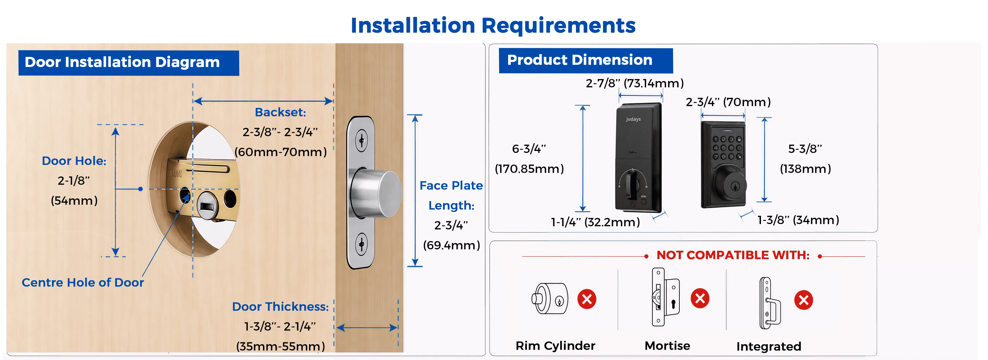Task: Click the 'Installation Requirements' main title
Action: (x=493, y=25)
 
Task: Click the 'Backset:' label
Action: (x=280, y=112)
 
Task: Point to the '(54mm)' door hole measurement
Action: (x=74, y=201)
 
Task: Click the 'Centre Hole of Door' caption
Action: (x=83, y=283)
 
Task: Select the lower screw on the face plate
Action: (x=361, y=244)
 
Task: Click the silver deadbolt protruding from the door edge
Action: (x=376, y=193)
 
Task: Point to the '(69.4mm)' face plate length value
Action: (x=452, y=245)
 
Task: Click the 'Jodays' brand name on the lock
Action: (x=633, y=119)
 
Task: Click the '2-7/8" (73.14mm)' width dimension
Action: (x=635, y=83)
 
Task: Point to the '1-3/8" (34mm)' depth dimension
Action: (x=798, y=220)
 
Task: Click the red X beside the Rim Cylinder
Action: (x=587, y=299)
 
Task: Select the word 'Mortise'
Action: (x=667, y=346)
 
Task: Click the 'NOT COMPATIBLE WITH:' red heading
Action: (x=733, y=255)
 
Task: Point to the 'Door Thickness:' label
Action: (x=280, y=307)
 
